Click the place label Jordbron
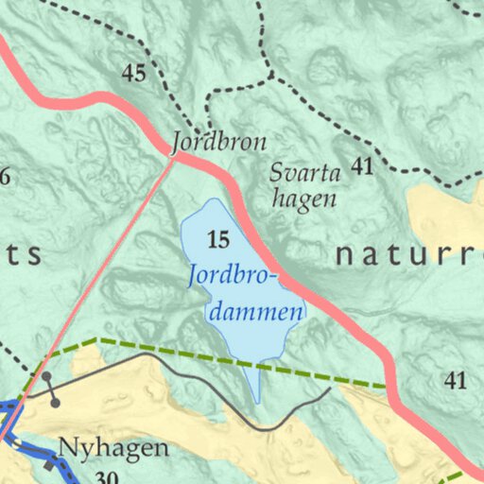pyautogui.click(x=218, y=144)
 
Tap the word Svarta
pyautogui.click(x=303, y=174)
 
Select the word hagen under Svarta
pyautogui.click(x=303, y=199)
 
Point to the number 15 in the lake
pyautogui.click(x=217, y=241)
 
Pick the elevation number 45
pyautogui.click(x=134, y=74)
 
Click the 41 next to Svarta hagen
pyautogui.click(x=362, y=167)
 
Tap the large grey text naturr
pyautogui.click(x=408, y=254)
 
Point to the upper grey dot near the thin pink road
pyautogui.click(x=46, y=377)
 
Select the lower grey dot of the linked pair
pyautogui.click(x=56, y=404)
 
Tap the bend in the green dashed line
pyautogui.click(x=96, y=338)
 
